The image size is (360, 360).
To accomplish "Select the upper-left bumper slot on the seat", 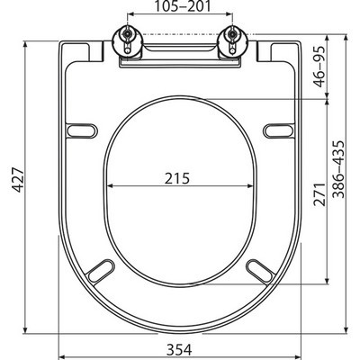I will click(83, 130).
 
